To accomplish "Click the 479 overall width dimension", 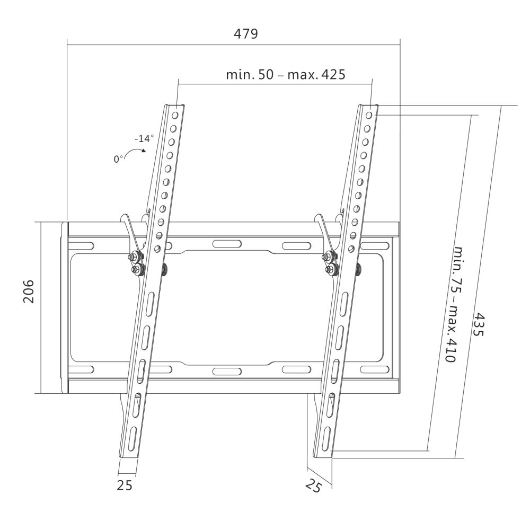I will [x=246, y=34].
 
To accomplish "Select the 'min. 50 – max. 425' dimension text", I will [x=286, y=74].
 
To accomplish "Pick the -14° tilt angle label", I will [x=143, y=138].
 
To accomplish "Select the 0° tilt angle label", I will [x=118, y=158].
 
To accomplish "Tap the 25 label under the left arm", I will [x=125, y=484].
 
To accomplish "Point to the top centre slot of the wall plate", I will [x=227, y=244].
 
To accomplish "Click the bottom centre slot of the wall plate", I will [x=227, y=371].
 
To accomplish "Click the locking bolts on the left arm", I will [x=136, y=264].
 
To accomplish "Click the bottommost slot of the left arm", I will [x=131, y=437].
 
